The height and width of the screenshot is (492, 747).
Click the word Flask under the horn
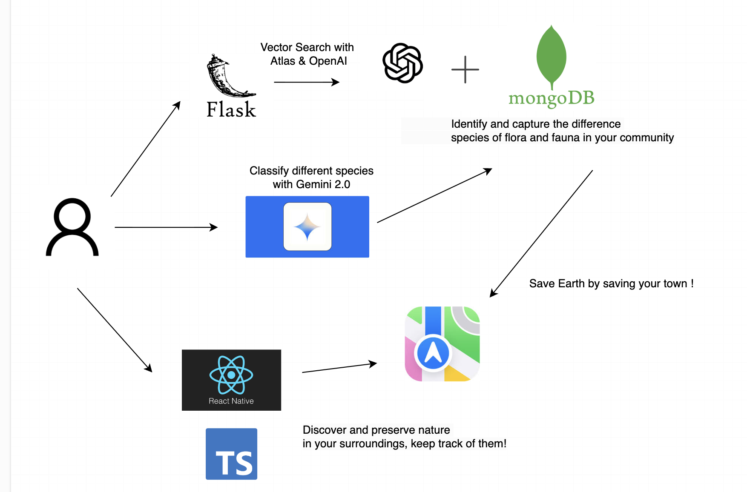point(231,110)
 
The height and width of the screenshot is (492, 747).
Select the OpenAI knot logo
point(402,63)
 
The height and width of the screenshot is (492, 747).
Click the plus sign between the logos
point(465,69)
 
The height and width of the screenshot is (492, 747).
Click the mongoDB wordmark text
point(552,98)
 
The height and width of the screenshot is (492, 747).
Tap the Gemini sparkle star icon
point(307,227)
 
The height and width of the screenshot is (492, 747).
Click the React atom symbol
point(231,375)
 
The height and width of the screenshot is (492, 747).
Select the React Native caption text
point(231,401)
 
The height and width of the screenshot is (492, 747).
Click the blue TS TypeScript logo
point(231,454)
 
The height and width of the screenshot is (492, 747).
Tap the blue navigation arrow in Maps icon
point(433,353)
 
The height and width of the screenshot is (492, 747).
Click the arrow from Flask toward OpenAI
point(307,82)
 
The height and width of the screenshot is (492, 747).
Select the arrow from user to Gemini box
point(166,227)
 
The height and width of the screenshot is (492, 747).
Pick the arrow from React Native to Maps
point(339,368)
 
